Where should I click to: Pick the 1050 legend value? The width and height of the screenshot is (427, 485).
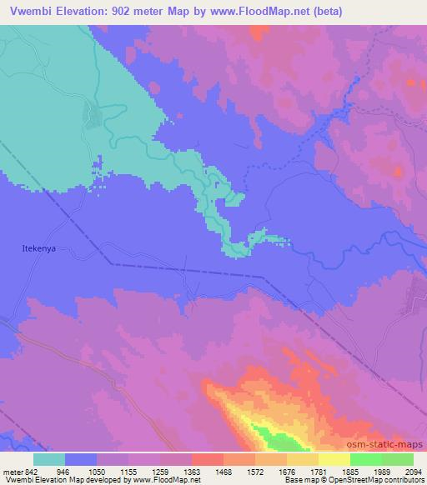pyautogui.click(x=96, y=471)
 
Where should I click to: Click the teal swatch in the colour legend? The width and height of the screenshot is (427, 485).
pyautogui.click(x=49, y=459)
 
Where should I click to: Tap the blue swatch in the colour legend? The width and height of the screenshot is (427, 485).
pyautogui.click(x=81, y=459)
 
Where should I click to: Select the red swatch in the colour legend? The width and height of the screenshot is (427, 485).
pyautogui.click(x=208, y=459)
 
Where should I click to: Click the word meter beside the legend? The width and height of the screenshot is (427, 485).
pyautogui.click(x=9, y=471)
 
